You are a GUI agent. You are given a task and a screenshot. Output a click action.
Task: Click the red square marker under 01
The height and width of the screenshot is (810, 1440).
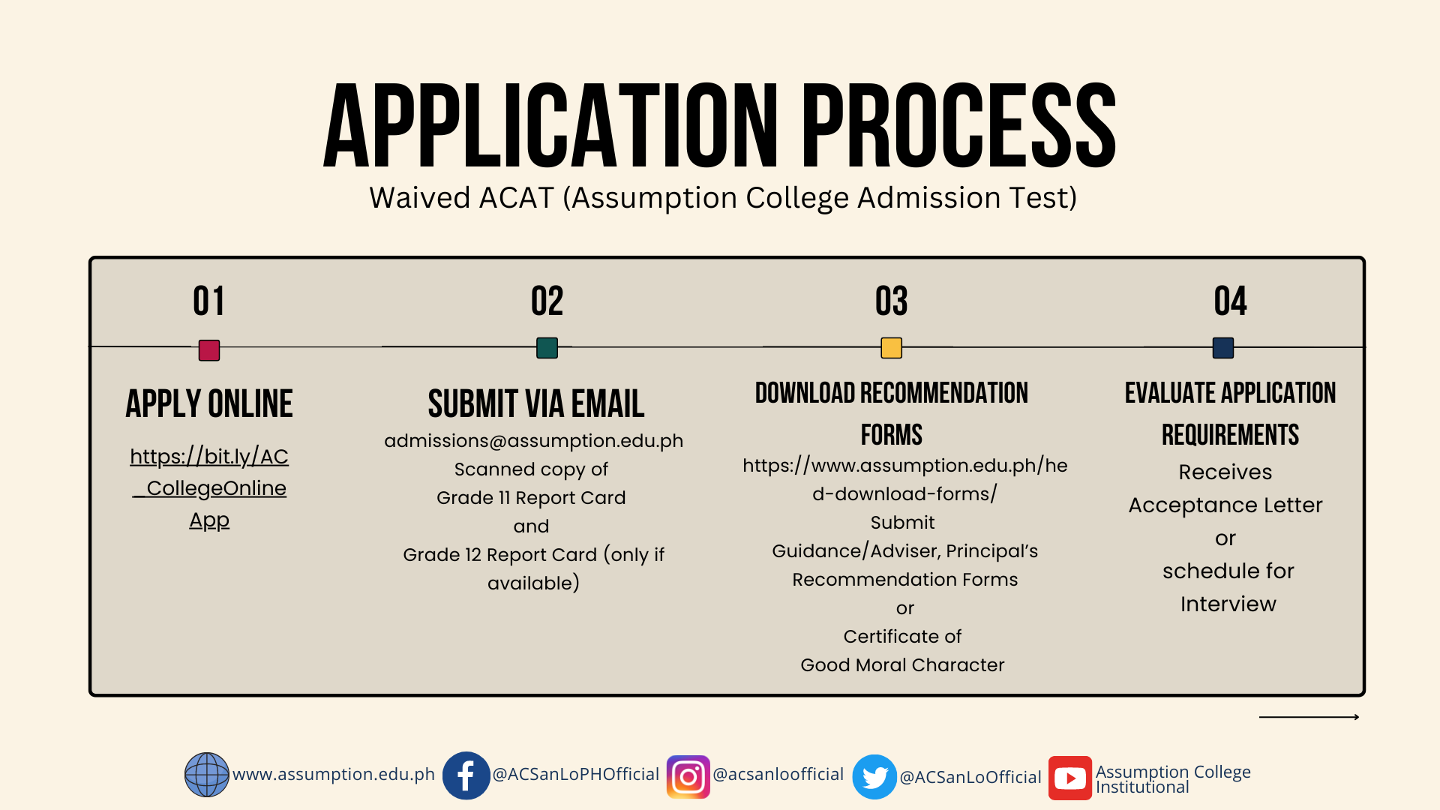point(209,350)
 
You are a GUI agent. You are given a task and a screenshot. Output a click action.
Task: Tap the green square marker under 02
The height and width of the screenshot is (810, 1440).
point(547,348)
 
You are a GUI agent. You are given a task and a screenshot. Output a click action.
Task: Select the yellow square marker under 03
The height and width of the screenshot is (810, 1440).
point(892,348)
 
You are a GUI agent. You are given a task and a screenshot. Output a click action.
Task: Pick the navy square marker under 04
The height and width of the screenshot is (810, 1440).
point(1223,348)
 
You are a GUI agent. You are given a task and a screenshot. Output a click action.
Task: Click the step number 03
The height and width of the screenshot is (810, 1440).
point(892,301)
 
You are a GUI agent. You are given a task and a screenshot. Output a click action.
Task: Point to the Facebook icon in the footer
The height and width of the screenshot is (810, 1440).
point(466,775)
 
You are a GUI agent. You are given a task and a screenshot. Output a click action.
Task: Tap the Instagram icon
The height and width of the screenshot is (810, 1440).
point(688,777)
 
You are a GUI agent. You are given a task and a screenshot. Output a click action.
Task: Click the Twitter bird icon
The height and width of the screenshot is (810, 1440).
point(874,777)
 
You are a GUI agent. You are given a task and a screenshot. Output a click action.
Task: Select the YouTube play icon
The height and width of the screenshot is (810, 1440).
point(1070,778)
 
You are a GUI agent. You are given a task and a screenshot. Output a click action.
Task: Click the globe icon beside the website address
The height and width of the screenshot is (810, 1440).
point(207,775)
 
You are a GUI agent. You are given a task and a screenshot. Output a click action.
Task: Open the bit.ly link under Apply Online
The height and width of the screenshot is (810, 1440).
point(209,488)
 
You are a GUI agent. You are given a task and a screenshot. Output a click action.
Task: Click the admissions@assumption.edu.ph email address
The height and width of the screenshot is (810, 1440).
point(534,441)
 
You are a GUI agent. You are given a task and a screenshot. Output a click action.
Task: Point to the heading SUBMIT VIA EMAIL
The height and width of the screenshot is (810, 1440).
point(536,403)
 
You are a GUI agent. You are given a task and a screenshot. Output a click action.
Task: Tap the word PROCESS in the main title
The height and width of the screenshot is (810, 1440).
point(959,125)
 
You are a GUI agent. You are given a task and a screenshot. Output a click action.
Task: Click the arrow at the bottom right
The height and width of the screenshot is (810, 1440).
point(1309,717)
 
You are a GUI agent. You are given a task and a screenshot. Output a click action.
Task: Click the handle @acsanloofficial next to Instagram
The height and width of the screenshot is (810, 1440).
point(778,774)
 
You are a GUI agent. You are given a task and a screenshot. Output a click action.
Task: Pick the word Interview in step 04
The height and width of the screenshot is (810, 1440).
point(1228,604)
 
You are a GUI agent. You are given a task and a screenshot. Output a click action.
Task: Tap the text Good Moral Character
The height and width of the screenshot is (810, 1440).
point(902,665)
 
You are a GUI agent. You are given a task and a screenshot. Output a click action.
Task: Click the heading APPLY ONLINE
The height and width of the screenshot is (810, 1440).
point(209,403)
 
